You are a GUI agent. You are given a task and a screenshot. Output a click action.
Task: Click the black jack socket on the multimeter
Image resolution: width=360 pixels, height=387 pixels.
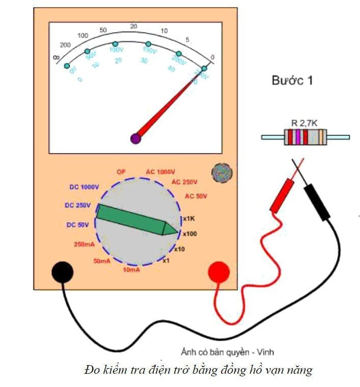62,272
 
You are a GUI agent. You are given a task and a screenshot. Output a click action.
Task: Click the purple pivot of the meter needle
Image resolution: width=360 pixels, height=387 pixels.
135,137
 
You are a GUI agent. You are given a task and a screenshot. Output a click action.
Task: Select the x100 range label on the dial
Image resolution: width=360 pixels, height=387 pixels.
190,233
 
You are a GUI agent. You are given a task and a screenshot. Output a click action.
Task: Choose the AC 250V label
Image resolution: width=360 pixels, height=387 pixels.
185,182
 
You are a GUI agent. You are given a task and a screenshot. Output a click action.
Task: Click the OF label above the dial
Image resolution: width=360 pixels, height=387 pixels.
121,172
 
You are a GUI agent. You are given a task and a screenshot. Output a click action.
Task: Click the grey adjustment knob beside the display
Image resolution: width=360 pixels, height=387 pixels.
221,172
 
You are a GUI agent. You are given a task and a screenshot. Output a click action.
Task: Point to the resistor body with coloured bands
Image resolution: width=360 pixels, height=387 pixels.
306,137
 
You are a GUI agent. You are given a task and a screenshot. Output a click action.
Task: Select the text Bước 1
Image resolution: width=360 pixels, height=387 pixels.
292,81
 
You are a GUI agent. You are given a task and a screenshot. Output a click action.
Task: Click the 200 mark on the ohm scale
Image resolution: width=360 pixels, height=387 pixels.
65,45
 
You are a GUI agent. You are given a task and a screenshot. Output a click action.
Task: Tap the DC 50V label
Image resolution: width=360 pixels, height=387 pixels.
78,225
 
